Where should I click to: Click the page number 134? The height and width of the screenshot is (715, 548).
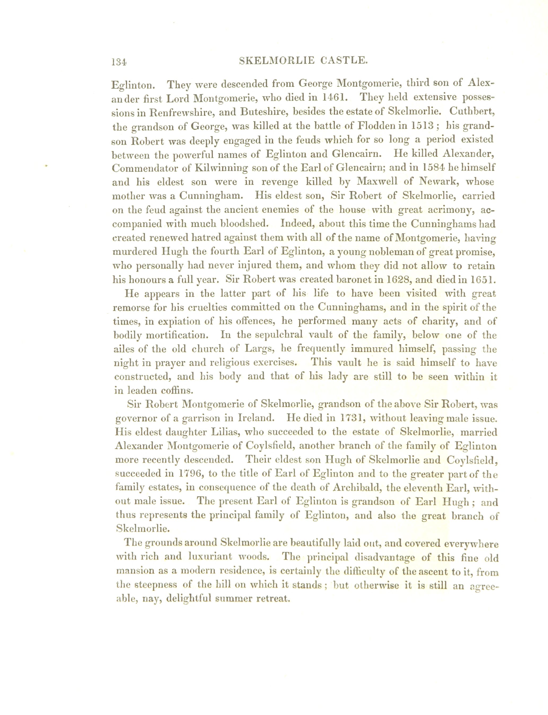click(119, 61)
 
